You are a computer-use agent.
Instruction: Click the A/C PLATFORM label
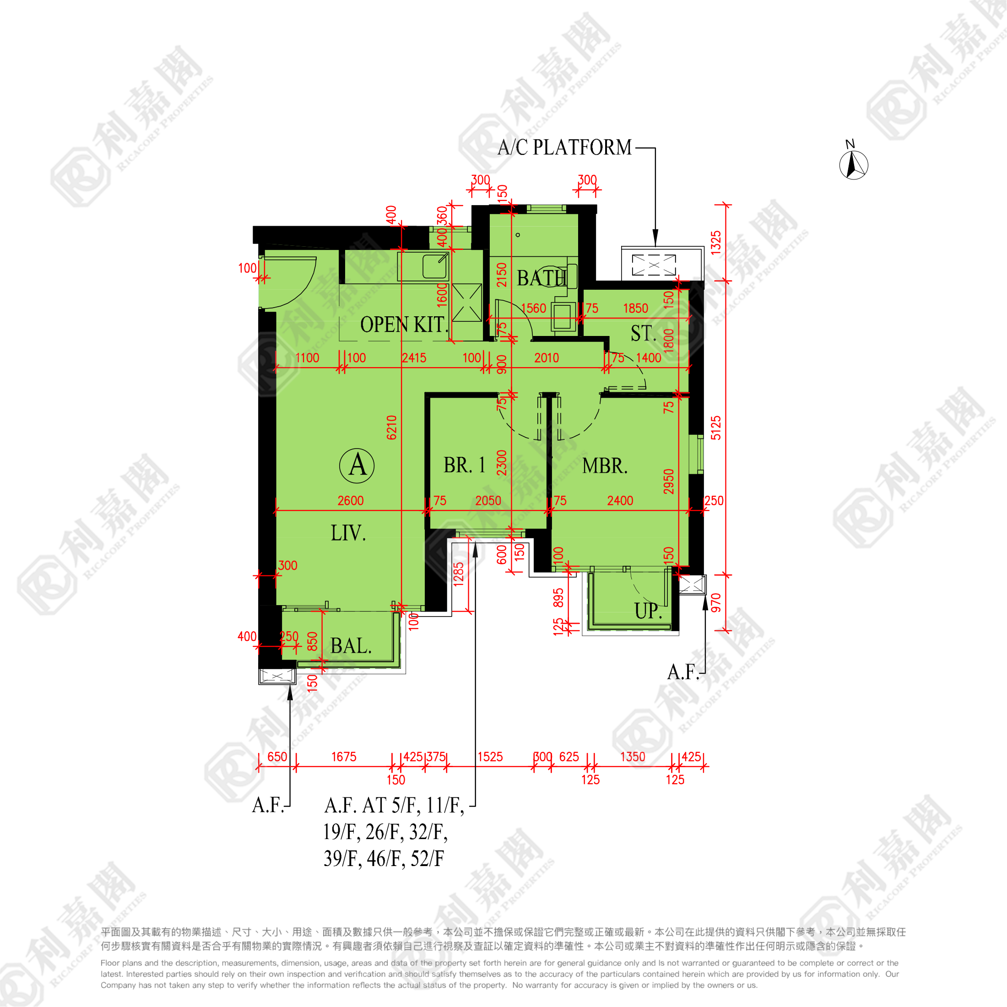[x=564, y=147]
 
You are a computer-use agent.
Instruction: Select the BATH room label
[x=541, y=278]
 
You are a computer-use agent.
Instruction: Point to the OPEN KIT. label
[x=404, y=325]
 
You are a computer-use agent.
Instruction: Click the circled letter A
[x=357, y=465]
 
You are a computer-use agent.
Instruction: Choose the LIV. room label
[x=348, y=533]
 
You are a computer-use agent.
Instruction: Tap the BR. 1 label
[x=465, y=465]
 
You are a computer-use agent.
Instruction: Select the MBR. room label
[x=605, y=466]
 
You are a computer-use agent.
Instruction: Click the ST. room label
[x=644, y=334]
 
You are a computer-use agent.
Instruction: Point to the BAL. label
[x=351, y=646]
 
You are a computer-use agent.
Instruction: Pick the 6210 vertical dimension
[x=392, y=428]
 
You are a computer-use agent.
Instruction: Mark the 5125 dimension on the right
[x=716, y=428]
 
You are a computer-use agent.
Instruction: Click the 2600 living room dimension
[x=350, y=501]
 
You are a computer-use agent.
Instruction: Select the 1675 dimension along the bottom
[x=344, y=757]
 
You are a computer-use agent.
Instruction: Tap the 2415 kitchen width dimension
[x=414, y=358]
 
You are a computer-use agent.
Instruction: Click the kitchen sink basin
[x=435, y=266]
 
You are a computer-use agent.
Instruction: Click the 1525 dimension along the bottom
[x=490, y=757]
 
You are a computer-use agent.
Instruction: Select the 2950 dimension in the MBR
[x=669, y=481]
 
